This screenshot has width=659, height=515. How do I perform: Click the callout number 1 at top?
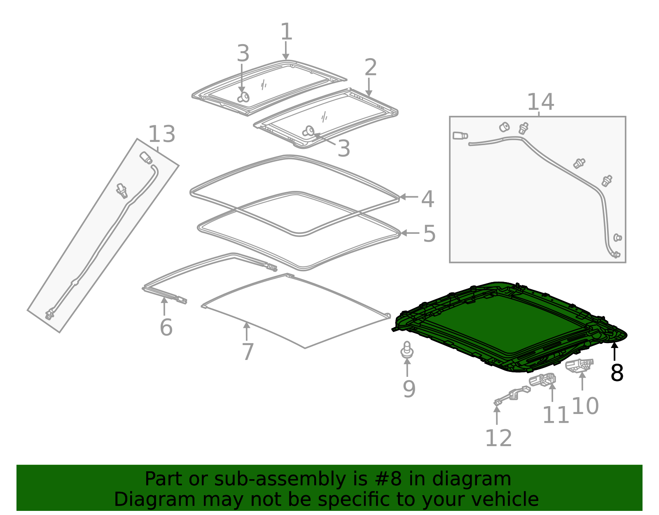[286, 32]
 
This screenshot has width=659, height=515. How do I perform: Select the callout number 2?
[371, 68]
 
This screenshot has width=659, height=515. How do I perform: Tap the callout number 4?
[428, 199]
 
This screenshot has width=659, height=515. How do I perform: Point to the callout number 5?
[429, 234]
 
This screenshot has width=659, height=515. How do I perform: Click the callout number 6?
[166, 328]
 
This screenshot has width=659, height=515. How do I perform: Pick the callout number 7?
[248, 352]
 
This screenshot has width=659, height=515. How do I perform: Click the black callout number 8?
[617, 373]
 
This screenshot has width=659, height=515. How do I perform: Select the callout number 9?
[409, 389]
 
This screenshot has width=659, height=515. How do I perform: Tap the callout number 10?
[585, 406]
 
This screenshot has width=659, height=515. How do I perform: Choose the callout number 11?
[556, 415]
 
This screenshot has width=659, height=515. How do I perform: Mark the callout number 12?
[498, 438]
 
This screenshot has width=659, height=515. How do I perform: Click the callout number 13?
[162, 134]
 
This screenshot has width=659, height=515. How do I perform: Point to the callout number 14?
[540, 102]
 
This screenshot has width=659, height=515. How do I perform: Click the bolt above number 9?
[407, 350]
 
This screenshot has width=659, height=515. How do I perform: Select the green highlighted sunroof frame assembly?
[494, 322]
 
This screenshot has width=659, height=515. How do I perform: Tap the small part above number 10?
[580, 365]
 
